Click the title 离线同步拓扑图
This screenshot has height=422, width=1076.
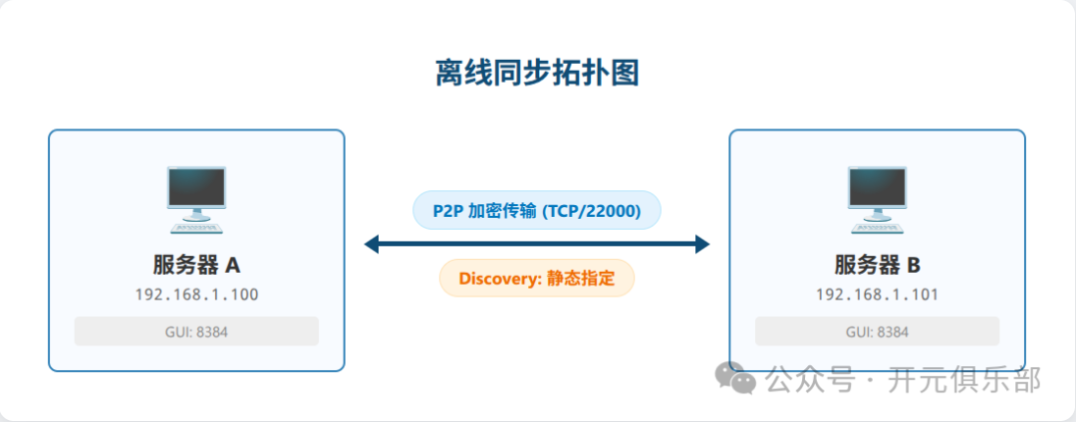click(x=537, y=73)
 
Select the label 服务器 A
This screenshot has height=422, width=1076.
click(x=196, y=266)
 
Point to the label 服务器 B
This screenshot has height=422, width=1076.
click(x=877, y=266)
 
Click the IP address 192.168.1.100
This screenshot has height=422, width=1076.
click(x=196, y=295)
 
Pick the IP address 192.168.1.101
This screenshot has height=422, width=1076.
click(x=877, y=295)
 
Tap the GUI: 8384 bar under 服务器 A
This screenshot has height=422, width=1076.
click(x=196, y=331)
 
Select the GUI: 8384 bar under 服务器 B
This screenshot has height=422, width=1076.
click(x=877, y=331)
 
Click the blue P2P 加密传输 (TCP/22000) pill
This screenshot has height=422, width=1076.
click(x=537, y=210)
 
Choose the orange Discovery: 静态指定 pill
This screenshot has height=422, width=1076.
click(x=537, y=278)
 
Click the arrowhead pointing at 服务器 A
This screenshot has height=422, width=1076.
click(x=372, y=244)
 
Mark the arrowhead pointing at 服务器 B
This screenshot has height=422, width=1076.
click(x=702, y=244)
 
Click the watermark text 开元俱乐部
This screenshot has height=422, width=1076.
click(x=964, y=379)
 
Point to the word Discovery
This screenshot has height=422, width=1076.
click(x=498, y=278)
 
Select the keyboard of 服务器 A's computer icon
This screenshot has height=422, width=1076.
click(x=196, y=226)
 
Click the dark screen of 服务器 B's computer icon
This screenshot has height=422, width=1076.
click(x=877, y=186)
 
